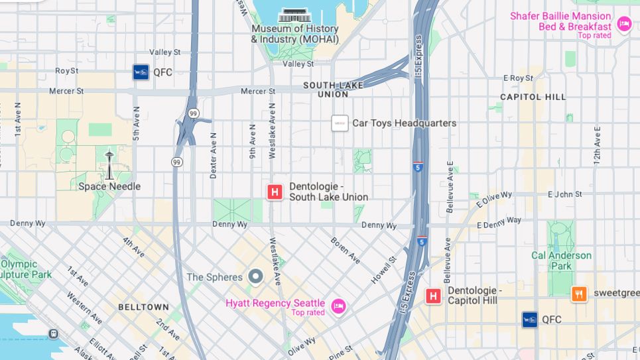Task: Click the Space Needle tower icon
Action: (109, 164)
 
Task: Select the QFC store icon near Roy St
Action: (141, 72)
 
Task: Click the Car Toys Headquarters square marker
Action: (340, 123)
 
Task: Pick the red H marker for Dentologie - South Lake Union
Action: (275, 192)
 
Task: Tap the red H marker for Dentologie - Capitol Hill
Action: (434, 296)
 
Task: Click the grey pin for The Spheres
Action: (255, 276)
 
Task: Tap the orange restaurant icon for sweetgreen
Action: (579, 294)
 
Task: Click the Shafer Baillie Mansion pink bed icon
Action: (623, 25)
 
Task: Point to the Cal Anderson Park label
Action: (561, 261)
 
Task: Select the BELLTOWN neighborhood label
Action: (143, 308)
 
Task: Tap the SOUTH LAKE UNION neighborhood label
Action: (335, 90)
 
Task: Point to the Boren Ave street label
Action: (344, 250)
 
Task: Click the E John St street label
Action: (564, 194)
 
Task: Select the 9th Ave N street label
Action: (252, 141)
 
